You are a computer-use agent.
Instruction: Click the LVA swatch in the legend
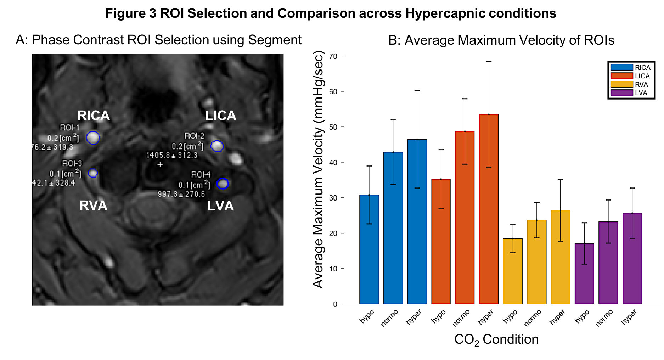tap(622, 93)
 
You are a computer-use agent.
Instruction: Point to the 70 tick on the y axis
tap(333, 56)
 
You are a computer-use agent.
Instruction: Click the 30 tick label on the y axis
tap(333, 198)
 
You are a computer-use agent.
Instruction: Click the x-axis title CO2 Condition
tap(496, 339)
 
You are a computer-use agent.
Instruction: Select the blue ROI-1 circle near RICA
tap(93, 137)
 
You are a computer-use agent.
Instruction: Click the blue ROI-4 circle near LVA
tap(223, 184)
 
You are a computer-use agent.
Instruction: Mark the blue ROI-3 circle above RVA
tap(93, 173)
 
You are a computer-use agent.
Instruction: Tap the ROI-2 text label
tap(194, 136)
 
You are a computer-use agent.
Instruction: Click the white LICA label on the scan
tap(221, 116)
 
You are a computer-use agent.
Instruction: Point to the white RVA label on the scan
tap(93, 206)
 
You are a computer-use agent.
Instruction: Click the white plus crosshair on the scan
tap(160, 164)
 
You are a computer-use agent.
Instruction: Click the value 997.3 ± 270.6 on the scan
tap(181, 194)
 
